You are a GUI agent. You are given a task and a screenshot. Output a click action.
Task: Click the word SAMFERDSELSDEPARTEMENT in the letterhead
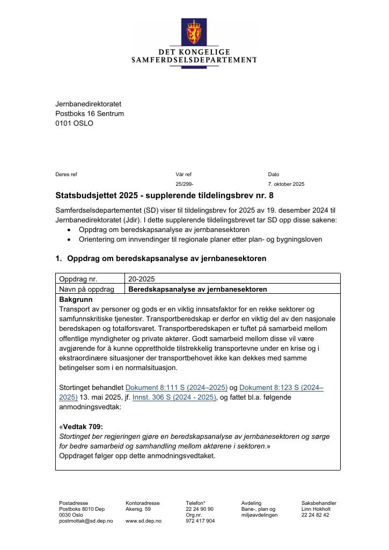point(194,60)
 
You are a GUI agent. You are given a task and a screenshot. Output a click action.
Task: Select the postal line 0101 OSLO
point(74,124)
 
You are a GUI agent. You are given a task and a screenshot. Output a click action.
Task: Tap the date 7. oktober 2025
point(286,184)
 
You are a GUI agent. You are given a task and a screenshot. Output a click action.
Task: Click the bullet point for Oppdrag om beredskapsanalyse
point(70,230)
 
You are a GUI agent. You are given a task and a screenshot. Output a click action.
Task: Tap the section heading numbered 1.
point(161,259)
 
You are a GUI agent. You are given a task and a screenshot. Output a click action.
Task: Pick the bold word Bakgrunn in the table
point(76,299)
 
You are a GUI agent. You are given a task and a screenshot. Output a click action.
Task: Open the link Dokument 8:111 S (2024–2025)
point(176,387)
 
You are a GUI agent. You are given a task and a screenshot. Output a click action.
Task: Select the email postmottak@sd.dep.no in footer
point(86,521)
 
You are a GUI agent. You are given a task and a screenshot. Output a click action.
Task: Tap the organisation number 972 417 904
point(200,521)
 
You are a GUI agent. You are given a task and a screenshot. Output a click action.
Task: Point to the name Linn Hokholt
point(316,509)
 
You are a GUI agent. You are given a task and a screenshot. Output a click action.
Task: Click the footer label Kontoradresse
point(142,503)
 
